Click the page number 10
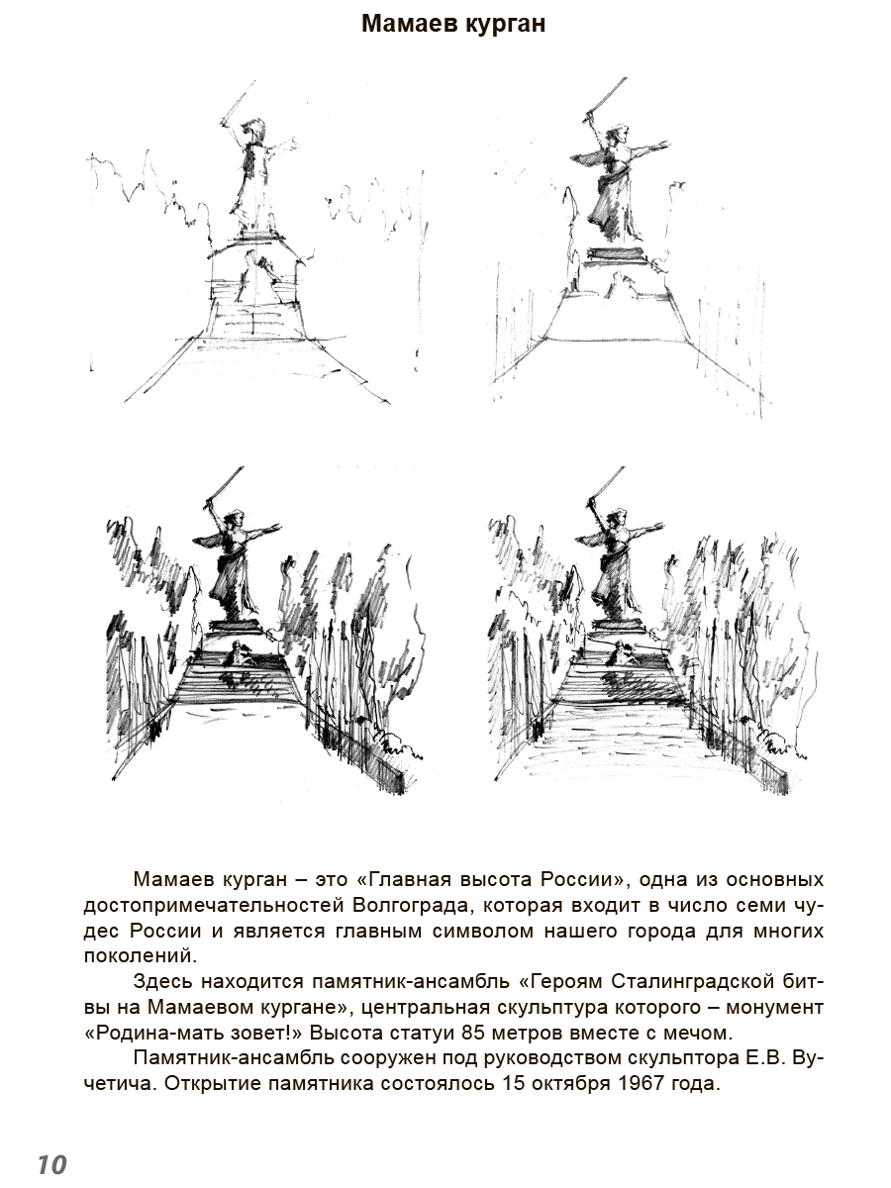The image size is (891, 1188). [52, 1164]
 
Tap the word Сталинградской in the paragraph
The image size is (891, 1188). [681, 982]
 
